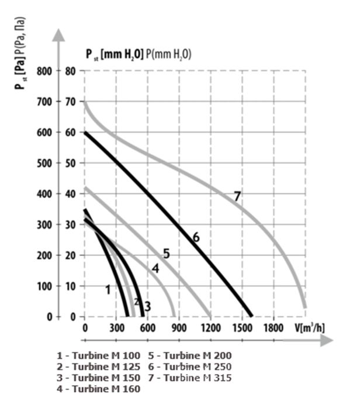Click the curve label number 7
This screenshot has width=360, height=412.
[x=237, y=196]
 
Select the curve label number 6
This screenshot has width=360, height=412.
[x=196, y=237]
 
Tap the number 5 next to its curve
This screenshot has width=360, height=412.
[x=166, y=254]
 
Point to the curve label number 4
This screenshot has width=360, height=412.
[x=155, y=268]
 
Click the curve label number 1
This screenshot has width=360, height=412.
[x=107, y=289]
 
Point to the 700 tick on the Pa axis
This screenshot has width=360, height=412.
[x=44, y=102]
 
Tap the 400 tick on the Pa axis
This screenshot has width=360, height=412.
[x=44, y=193]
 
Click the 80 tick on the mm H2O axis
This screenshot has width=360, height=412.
[x=71, y=71]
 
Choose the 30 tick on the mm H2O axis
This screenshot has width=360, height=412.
[x=71, y=224]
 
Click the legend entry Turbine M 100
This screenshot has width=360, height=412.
[x=100, y=355]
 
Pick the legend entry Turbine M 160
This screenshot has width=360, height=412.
[x=100, y=389]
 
